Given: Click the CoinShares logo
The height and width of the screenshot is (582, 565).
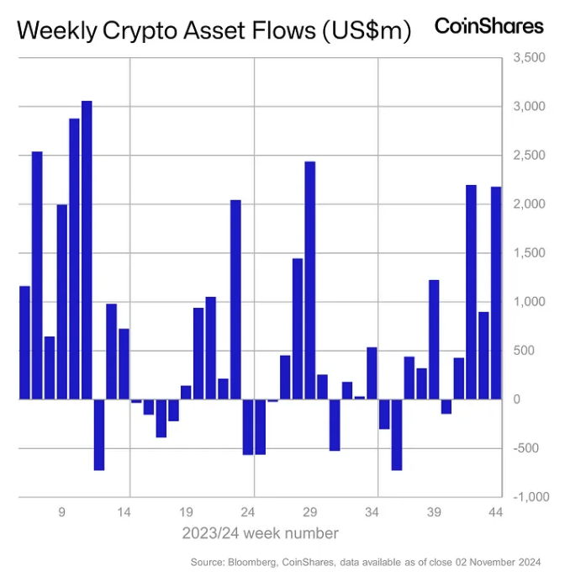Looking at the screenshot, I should click(x=488, y=26).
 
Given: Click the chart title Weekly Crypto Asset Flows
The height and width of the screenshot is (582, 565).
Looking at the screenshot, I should click(x=214, y=32).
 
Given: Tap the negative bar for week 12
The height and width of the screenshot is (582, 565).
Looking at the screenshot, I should click(x=98, y=434).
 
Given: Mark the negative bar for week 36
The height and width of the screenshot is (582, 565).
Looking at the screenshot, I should click(x=397, y=434).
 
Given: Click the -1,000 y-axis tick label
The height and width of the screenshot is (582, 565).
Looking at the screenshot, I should click(x=529, y=497).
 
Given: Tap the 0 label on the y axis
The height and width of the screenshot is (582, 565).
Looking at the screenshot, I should click(x=517, y=399).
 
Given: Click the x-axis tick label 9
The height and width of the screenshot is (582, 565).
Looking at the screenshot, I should click(x=62, y=511).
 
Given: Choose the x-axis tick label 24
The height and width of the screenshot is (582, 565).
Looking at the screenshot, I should click(x=248, y=511).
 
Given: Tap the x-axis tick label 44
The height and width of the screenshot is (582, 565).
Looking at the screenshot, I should click(x=495, y=511).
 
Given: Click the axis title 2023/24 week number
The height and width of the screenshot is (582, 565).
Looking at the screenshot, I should click(x=261, y=533).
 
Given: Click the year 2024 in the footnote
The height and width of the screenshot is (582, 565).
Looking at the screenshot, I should click(x=526, y=563).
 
